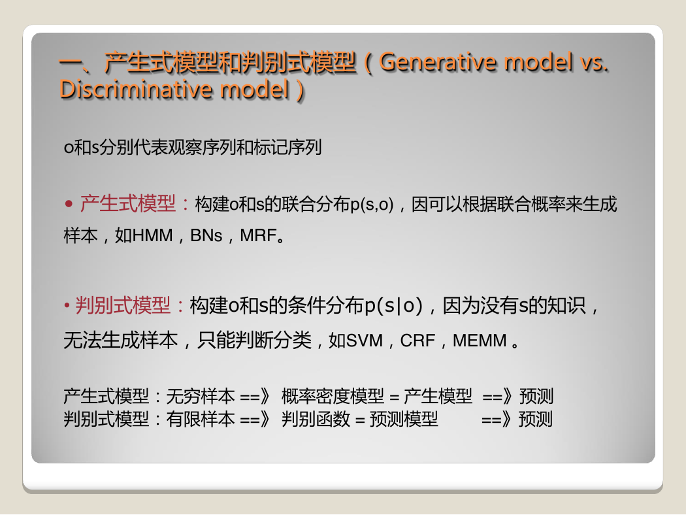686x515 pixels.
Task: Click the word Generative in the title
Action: [x=438, y=61]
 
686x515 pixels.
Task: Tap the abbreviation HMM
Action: [x=153, y=235]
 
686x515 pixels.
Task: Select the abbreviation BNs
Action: [x=206, y=235]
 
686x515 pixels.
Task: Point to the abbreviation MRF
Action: [x=258, y=235]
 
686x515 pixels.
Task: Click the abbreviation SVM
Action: [x=365, y=341]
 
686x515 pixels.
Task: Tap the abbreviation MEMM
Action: [x=480, y=341]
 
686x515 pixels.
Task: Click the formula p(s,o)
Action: [x=372, y=205]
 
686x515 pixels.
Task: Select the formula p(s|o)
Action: [x=394, y=306]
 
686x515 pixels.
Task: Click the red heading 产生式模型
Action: [x=128, y=204]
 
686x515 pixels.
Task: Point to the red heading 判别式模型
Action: [x=123, y=305]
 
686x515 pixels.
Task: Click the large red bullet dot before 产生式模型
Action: [x=69, y=203]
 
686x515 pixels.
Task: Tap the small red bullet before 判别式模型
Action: [x=67, y=305]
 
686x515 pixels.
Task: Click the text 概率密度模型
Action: [x=333, y=397]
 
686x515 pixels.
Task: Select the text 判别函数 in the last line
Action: [x=316, y=419]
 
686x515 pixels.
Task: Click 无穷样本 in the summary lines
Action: [x=201, y=397]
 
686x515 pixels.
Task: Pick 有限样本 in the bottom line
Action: [x=201, y=419]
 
